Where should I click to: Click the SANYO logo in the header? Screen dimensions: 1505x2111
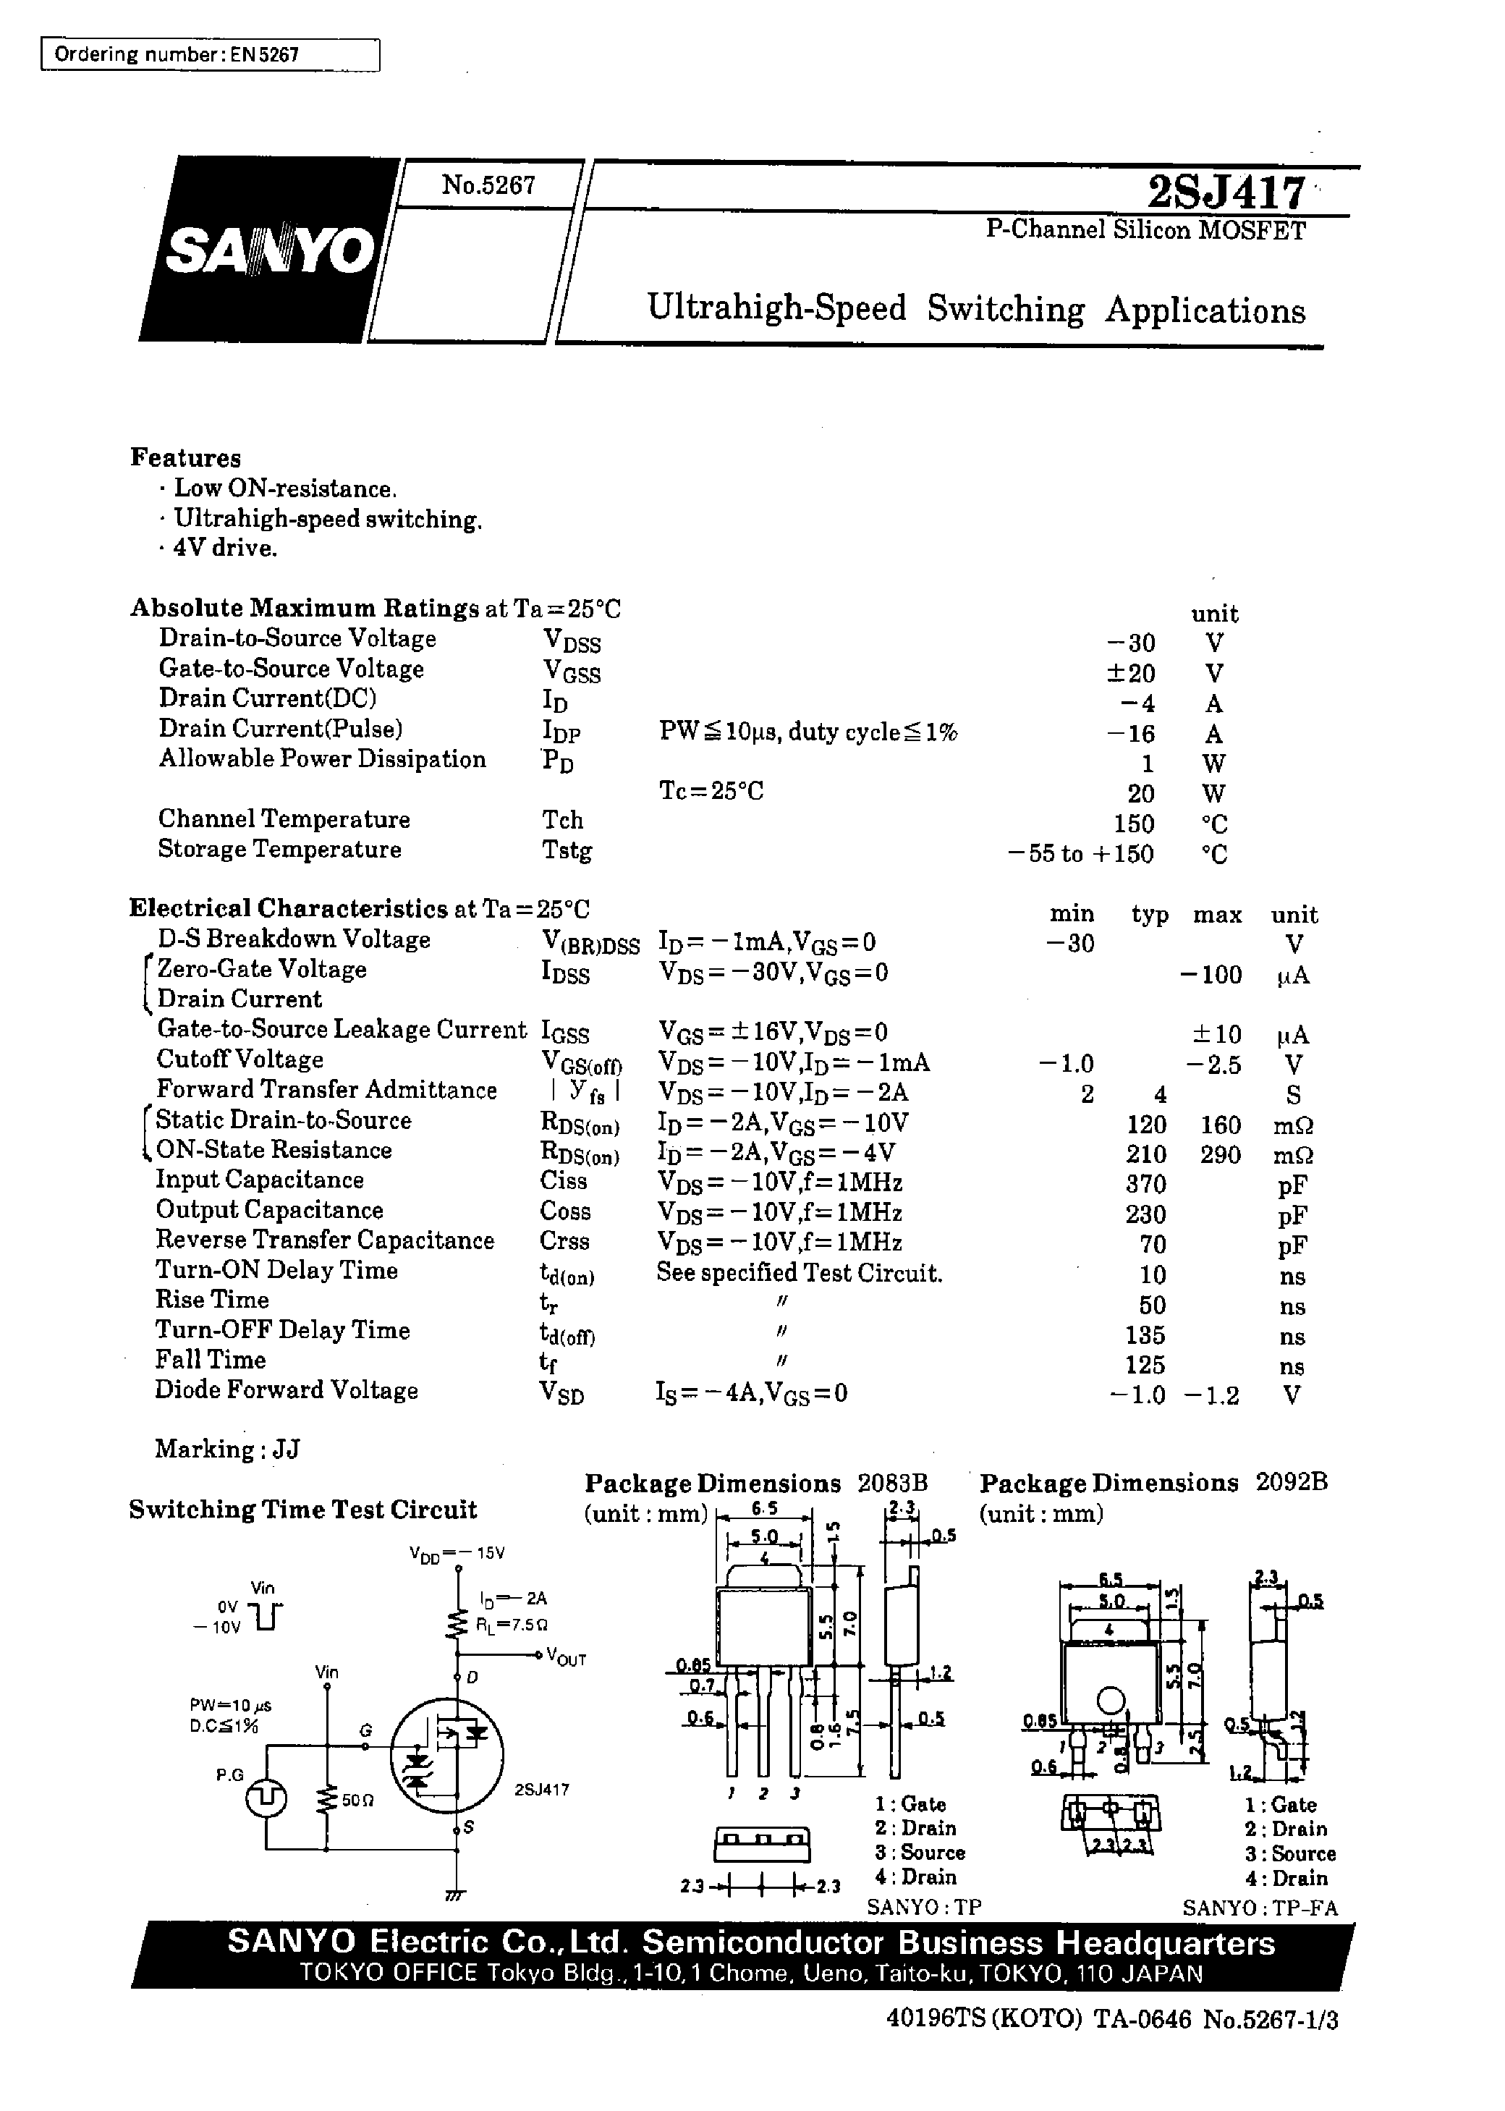click(268, 250)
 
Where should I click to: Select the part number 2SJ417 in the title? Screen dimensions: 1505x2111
click(1226, 193)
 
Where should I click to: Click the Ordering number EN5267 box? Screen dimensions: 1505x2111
click(211, 55)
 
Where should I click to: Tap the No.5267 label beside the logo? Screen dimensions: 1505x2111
click(488, 185)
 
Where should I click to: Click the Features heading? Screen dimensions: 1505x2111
click(185, 458)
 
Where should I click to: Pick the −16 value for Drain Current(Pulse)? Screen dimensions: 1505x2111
click(1131, 734)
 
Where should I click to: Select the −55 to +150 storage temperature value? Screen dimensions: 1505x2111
click(1082, 853)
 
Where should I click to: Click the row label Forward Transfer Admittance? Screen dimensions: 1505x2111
click(326, 1090)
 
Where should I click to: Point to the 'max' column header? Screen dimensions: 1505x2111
click(1217, 915)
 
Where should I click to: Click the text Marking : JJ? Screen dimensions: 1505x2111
click(227, 1448)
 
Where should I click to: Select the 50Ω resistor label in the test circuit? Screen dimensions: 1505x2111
click(357, 1800)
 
